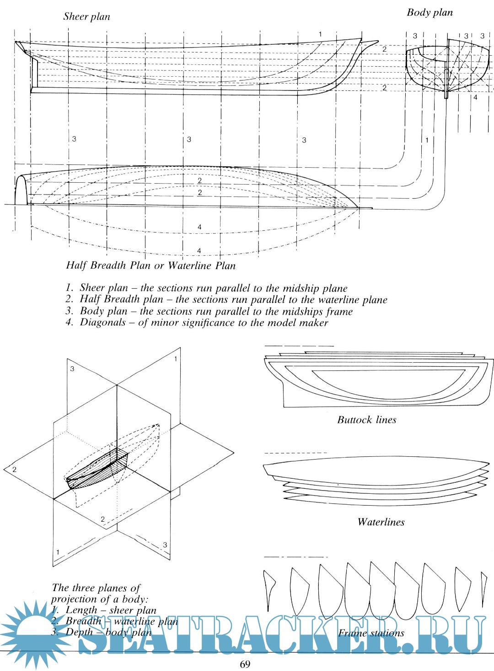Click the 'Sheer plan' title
coord(86,17)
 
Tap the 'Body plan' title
coord(430,13)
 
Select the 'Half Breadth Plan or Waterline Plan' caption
coord(150,266)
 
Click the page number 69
coord(245,664)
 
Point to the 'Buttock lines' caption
coord(366,420)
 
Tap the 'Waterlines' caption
coord(381,522)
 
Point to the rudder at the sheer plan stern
coord(34,72)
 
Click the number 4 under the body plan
coord(475,97)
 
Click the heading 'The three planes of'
coord(96,588)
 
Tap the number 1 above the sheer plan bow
coord(320,34)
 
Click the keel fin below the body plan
coord(446,85)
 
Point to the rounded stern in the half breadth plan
coord(21,190)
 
